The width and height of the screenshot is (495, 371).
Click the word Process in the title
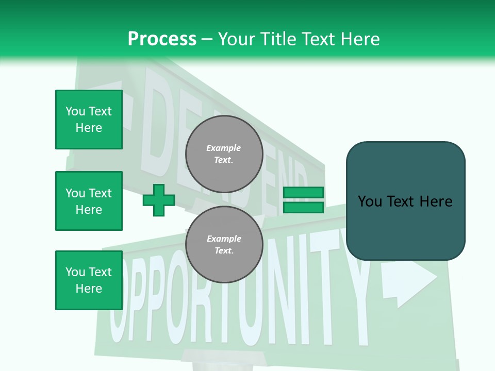(x=162, y=39)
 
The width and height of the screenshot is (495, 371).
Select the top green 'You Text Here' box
(x=89, y=120)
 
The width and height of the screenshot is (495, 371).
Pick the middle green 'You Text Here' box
(x=89, y=201)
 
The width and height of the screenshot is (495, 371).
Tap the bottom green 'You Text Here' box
(x=89, y=280)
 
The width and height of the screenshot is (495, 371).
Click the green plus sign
(x=159, y=200)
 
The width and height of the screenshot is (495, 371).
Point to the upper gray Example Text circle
(x=224, y=154)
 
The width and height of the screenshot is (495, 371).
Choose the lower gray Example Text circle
(x=224, y=245)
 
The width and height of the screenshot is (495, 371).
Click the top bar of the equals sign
(x=304, y=193)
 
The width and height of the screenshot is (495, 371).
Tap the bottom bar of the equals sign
(x=304, y=207)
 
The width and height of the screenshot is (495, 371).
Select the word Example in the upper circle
(x=224, y=148)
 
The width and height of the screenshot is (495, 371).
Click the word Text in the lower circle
(x=224, y=251)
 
